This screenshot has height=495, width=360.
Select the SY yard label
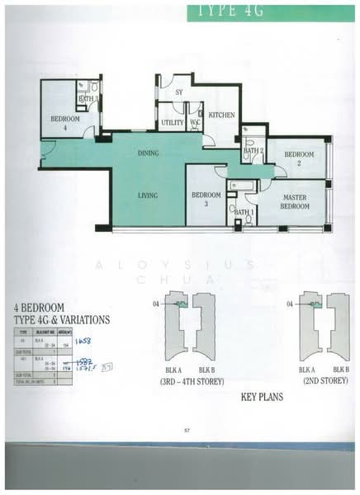point(178,92)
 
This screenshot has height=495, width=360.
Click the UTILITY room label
point(173,123)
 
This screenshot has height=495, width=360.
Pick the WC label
point(196,123)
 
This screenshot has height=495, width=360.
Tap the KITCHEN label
point(221,115)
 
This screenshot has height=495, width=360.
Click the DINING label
point(148,153)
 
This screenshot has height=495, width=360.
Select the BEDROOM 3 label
point(206,199)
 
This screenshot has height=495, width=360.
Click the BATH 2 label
point(253,150)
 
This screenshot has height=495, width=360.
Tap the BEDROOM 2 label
point(299,158)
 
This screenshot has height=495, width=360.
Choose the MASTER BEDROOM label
point(295,201)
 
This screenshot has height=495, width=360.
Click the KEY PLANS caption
point(262,397)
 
